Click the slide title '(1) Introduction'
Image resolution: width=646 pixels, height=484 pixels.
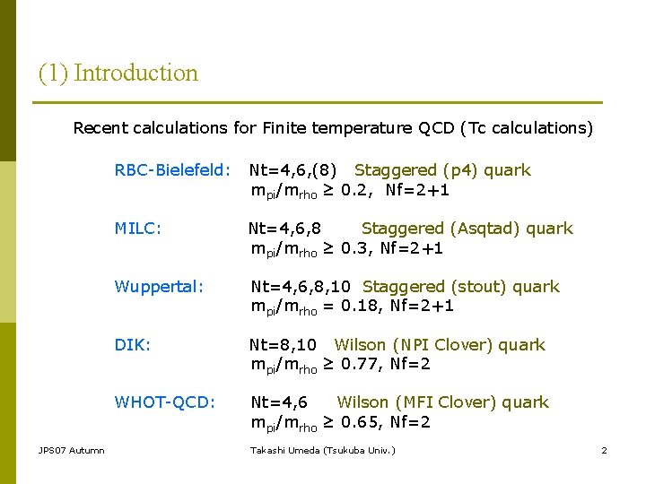[x=118, y=73]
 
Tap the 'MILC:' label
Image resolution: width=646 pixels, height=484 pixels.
[x=138, y=229]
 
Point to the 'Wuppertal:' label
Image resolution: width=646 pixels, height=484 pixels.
[x=159, y=287]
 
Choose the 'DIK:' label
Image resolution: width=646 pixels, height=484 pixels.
[x=131, y=345]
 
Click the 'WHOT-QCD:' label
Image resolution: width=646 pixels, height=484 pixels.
[x=164, y=402]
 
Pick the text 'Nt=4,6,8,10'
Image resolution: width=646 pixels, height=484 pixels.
[x=301, y=287]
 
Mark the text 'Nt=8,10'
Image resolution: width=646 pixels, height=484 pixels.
[x=283, y=345]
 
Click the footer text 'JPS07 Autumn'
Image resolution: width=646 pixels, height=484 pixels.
[x=71, y=450]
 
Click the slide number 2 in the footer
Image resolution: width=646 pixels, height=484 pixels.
[x=604, y=450]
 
